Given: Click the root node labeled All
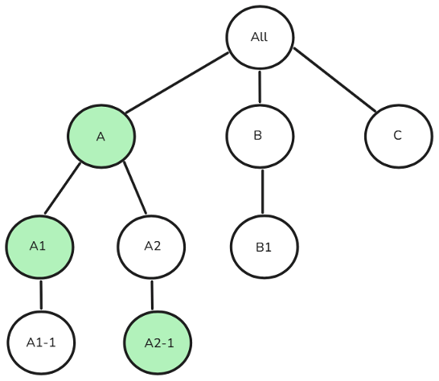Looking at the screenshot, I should pyautogui.click(x=259, y=38).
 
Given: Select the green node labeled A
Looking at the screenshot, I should pyautogui.click(x=101, y=136).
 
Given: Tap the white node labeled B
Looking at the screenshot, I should pyautogui.click(x=258, y=135).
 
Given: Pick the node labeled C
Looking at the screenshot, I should pyautogui.click(x=397, y=135).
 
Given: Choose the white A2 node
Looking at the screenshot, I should pyautogui.click(x=152, y=246).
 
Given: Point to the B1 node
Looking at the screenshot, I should pyautogui.click(x=264, y=246).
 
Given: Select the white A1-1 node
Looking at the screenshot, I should pyautogui.click(x=39, y=343).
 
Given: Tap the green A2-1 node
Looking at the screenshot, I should pyautogui.click(x=158, y=343).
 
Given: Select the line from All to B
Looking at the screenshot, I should pyautogui.click(x=259, y=87).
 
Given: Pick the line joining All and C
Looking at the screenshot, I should pyautogui.click(x=334, y=80).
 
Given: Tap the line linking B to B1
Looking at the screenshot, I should pyautogui.click(x=262, y=190).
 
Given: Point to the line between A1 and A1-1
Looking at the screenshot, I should pyautogui.click(x=40, y=294).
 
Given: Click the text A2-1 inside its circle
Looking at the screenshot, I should pyautogui.click(x=158, y=343).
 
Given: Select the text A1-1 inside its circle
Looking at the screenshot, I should pyautogui.click(x=39, y=343).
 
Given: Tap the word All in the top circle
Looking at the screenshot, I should pyautogui.click(x=259, y=38).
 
